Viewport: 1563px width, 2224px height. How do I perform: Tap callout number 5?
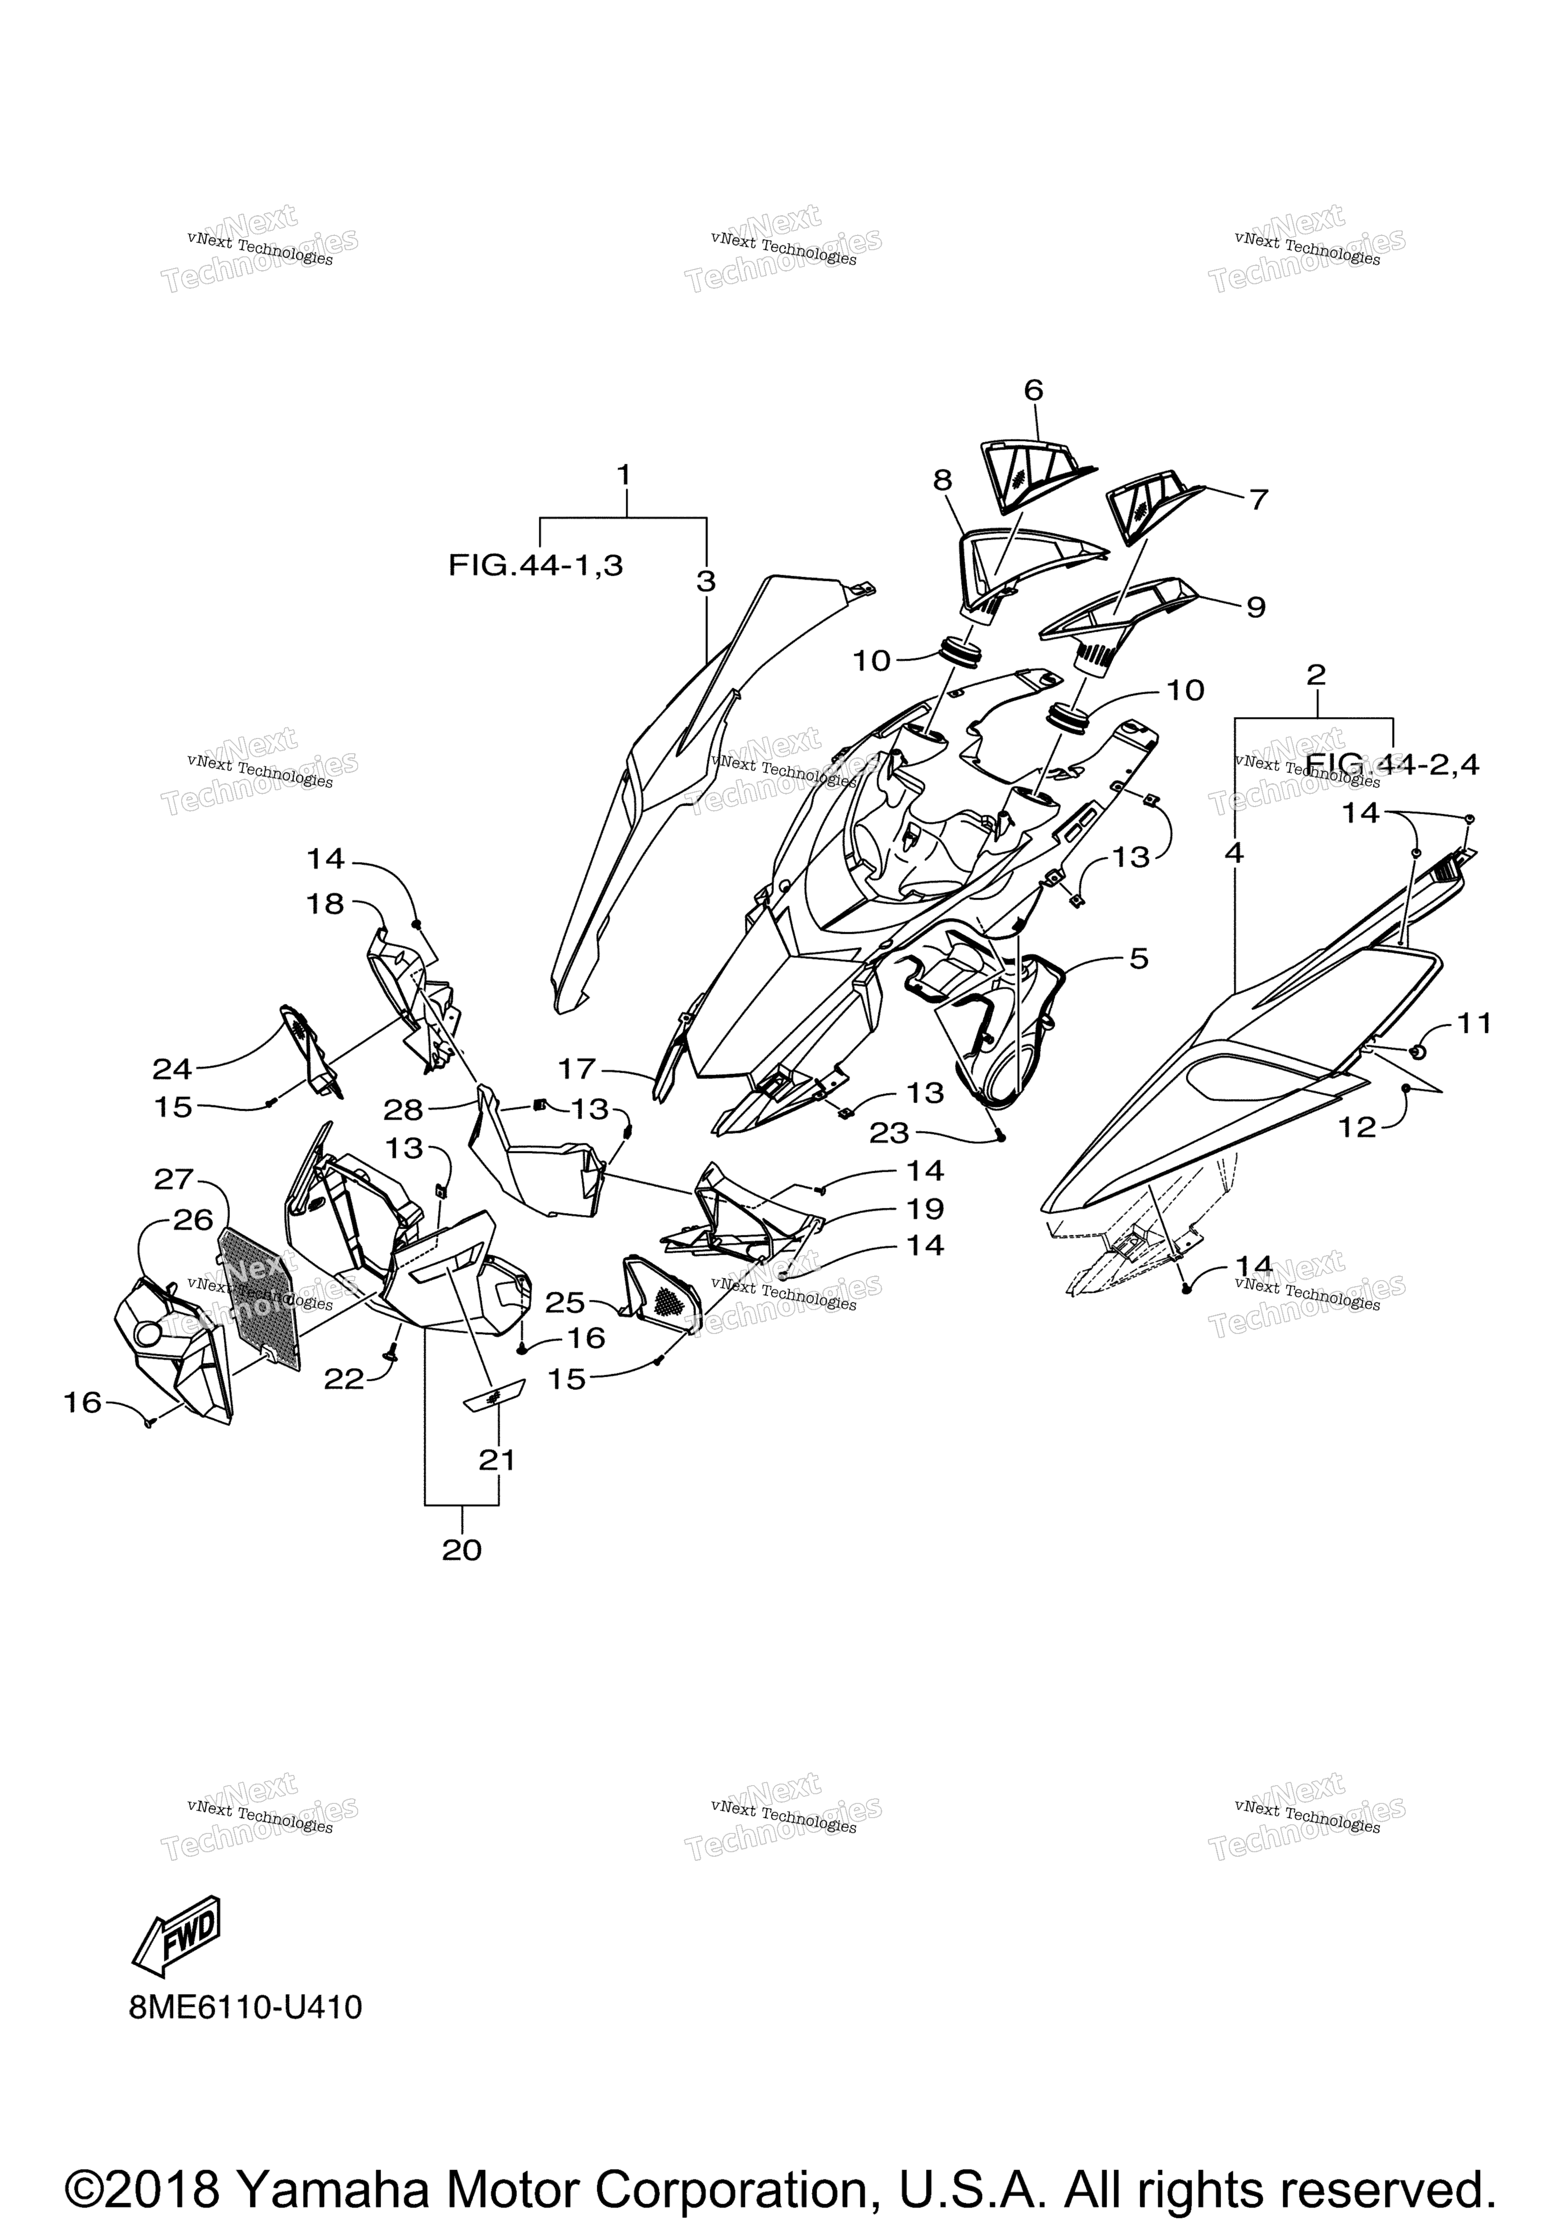[x=1139, y=959]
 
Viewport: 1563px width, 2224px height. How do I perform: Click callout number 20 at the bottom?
[x=461, y=1550]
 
